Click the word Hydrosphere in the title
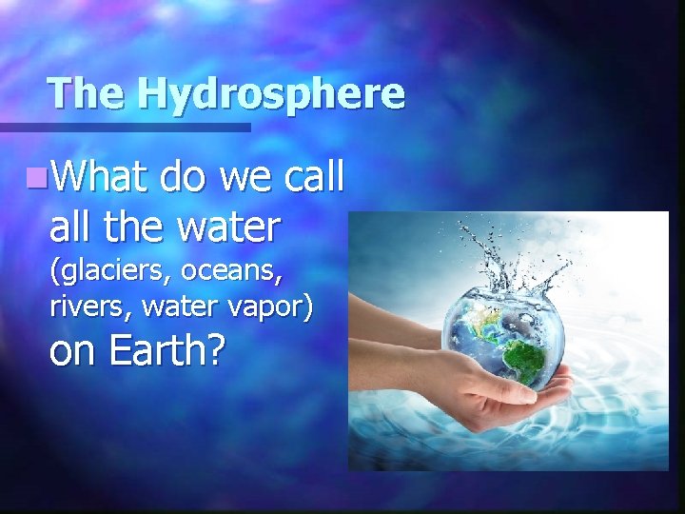tap(270, 93)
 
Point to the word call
tap(309, 177)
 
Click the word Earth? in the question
tap(166, 351)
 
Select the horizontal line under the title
tap(124, 127)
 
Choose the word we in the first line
tap(244, 177)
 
